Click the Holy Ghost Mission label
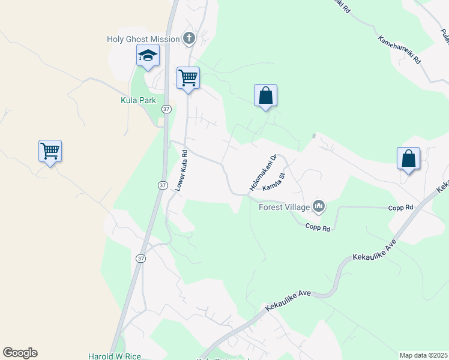coord(143,39)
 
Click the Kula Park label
coord(139,100)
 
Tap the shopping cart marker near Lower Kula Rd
coord(188,77)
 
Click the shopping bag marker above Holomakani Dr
coord(265,95)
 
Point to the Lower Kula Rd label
coord(182,171)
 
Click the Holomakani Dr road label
coord(262,174)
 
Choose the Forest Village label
coord(284,208)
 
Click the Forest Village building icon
coord(319,207)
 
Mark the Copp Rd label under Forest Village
coord(318,227)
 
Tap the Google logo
coord(20,353)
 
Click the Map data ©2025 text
coord(423,355)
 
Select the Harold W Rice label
coord(114,356)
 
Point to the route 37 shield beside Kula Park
coord(167,109)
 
